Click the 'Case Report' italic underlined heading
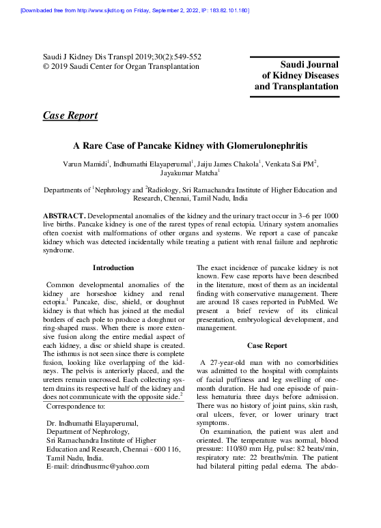click(x=70, y=115)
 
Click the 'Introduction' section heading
click(x=113, y=267)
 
